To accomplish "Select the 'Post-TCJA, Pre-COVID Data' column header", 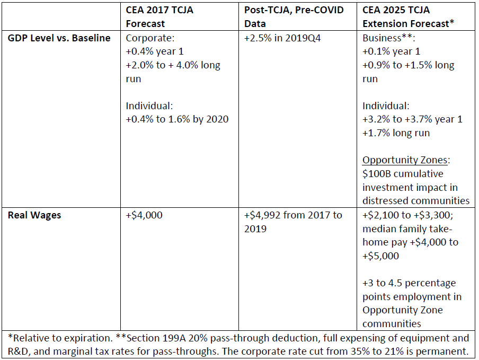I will (x=294, y=17).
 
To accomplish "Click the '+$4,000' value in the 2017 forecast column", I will (x=144, y=215).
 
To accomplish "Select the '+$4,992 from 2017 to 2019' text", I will (x=293, y=222).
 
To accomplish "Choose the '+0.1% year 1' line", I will (x=391, y=52).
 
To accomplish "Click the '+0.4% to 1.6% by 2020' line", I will (x=177, y=119).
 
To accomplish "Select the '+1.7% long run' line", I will (x=396, y=133).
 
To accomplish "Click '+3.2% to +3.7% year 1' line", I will (x=412, y=119).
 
